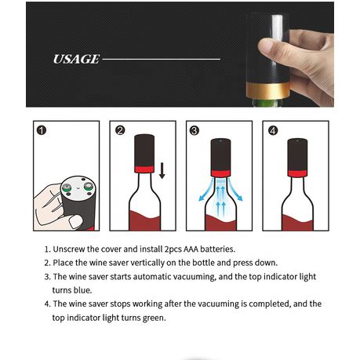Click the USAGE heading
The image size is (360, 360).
point(76,59)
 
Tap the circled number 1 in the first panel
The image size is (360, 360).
point(42,130)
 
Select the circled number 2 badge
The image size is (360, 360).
point(120,130)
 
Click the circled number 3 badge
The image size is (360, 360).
point(195,130)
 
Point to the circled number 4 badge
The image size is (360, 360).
point(273,130)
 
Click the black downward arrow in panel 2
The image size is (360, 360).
point(162,170)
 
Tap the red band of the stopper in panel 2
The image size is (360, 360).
point(144,169)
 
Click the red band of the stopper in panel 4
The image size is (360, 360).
point(297,173)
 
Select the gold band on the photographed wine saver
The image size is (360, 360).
point(267,90)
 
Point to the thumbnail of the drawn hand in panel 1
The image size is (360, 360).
point(75,221)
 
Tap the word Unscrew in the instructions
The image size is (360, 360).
point(69,249)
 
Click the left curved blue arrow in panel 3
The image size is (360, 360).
point(206,190)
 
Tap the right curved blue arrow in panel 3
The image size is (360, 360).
point(236,190)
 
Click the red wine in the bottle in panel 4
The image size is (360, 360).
point(297,223)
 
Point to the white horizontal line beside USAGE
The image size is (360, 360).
point(162,60)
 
